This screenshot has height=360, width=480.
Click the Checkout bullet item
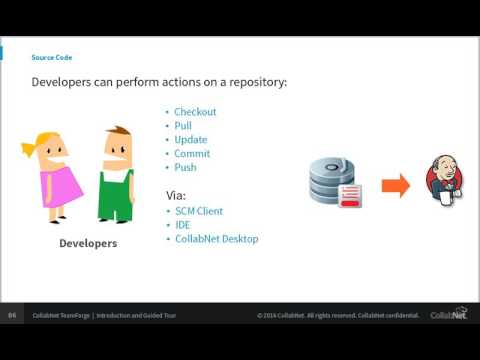(x=195, y=112)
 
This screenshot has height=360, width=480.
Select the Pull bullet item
(x=183, y=126)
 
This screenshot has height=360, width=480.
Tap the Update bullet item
(x=191, y=140)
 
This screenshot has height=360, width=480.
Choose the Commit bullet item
(x=192, y=154)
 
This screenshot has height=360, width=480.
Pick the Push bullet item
(x=185, y=168)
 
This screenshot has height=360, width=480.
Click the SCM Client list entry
(x=199, y=211)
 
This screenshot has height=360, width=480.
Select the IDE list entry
(x=182, y=225)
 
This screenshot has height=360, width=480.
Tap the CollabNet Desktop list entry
(x=216, y=239)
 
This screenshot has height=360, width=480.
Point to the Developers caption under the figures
(x=88, y=243)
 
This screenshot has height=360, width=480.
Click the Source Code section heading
(x=51, y=58)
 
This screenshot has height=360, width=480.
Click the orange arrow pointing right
(x=396, y=185)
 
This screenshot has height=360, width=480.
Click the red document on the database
(x=351, y=196)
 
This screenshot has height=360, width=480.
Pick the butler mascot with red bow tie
(x=440, y=182)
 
